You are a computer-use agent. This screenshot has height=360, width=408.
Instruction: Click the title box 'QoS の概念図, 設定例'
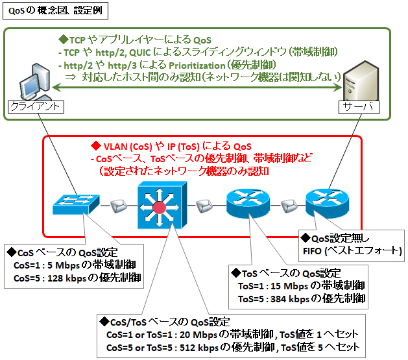click(x=54, y=10)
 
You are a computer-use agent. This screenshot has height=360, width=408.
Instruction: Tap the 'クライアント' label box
click(x=36, y=106)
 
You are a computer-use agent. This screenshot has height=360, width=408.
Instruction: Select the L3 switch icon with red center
click(x=160, y=206)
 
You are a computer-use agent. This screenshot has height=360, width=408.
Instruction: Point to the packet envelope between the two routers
click(x=288, y=206)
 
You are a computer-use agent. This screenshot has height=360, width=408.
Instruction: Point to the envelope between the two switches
click(x=117, y=206)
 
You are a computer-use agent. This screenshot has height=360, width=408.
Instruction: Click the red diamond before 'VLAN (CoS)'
click(x=95, y=146)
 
